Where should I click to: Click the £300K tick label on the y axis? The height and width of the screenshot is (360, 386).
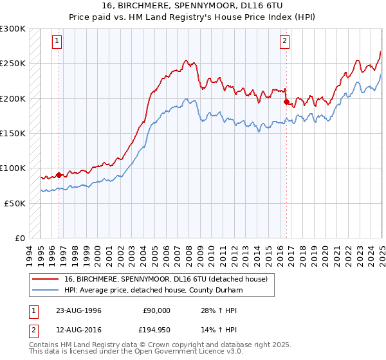[x=13, y=29]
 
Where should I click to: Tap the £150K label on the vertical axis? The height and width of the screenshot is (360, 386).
[x=13, y=133]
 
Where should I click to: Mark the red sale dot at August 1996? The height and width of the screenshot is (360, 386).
[x=59, y=174]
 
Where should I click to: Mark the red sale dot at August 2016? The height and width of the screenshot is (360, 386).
[x=286, y=101]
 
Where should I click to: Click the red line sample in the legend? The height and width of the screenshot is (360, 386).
[x=46, y=278]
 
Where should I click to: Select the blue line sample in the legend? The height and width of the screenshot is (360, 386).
[x=46, y=290]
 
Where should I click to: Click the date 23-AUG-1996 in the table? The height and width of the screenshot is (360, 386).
[x=75, y=310]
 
